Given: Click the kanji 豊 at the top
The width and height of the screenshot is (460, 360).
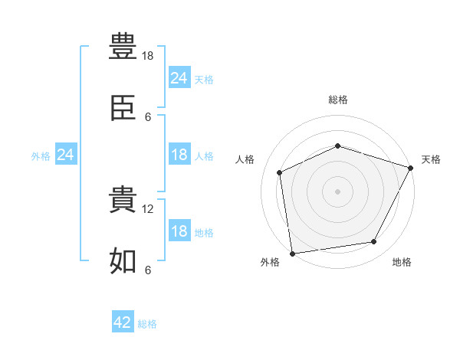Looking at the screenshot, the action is (x=123, y=46).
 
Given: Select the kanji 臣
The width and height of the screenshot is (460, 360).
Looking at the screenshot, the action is (x=123, y=107).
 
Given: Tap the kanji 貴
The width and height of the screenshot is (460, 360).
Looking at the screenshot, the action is (x=123, y=199).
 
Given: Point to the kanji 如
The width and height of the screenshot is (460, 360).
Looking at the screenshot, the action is (x=123, y=260).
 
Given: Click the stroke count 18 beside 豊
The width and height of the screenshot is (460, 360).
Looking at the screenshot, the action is (x=147, y=56).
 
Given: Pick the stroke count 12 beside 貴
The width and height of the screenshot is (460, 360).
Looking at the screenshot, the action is (x=147, y=209).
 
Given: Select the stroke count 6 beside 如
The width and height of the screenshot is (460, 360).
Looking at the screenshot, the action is (x=148, y=270).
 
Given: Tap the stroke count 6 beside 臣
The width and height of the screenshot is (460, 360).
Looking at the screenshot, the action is (x=148, y=117).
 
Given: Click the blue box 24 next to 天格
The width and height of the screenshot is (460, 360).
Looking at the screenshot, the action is (x=179, y=77).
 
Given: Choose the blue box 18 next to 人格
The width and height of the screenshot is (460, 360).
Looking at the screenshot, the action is (x=179, y=154).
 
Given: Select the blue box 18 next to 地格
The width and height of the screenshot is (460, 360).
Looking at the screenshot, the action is (x=179, y=230).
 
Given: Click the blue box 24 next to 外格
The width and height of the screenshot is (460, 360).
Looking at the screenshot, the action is (x=66, y=154).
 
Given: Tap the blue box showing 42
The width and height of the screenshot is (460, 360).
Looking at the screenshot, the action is (x=123, y=321).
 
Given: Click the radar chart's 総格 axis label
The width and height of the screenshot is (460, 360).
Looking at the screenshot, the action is (x=338, y=100).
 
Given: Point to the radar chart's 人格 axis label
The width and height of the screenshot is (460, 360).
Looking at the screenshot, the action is (x=245, y=159).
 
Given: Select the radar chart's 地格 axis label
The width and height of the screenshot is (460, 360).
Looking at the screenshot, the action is (x=402, y=262).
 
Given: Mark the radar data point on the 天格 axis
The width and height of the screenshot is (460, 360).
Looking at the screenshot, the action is (x=410, y=168).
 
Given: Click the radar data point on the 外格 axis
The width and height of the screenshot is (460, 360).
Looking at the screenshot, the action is (x=292, y=254).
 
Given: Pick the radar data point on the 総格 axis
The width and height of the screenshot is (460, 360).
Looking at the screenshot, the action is (x=337, y=146).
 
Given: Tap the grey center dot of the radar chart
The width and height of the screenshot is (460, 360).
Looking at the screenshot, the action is (x=337, y=191).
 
